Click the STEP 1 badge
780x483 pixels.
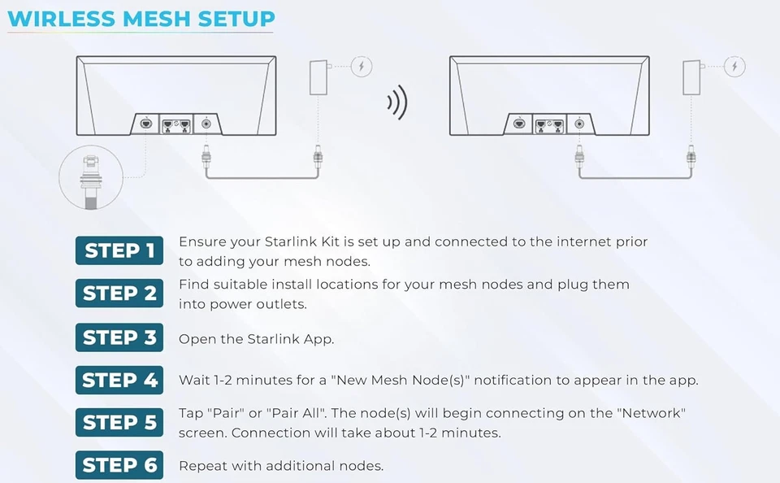coord(119,250)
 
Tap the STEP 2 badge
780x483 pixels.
coord(119,294)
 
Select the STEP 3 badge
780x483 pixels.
coord(119,337)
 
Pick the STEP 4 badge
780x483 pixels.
coord(119,380)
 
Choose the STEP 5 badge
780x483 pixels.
coord(119,422)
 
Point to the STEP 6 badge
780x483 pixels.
coord(119,465)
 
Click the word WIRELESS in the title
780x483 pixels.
coord(62,19)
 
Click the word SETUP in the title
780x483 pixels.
coord(236,19)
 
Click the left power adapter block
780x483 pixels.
coord(318,78)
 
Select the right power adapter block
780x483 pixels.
coord(691,78)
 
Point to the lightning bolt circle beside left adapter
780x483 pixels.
coord(362,66)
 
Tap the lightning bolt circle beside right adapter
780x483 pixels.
coord(734,66)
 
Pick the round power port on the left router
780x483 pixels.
coord(206,124)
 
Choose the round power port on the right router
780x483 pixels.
coord(579,124)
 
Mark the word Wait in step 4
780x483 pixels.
coord(194,380)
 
